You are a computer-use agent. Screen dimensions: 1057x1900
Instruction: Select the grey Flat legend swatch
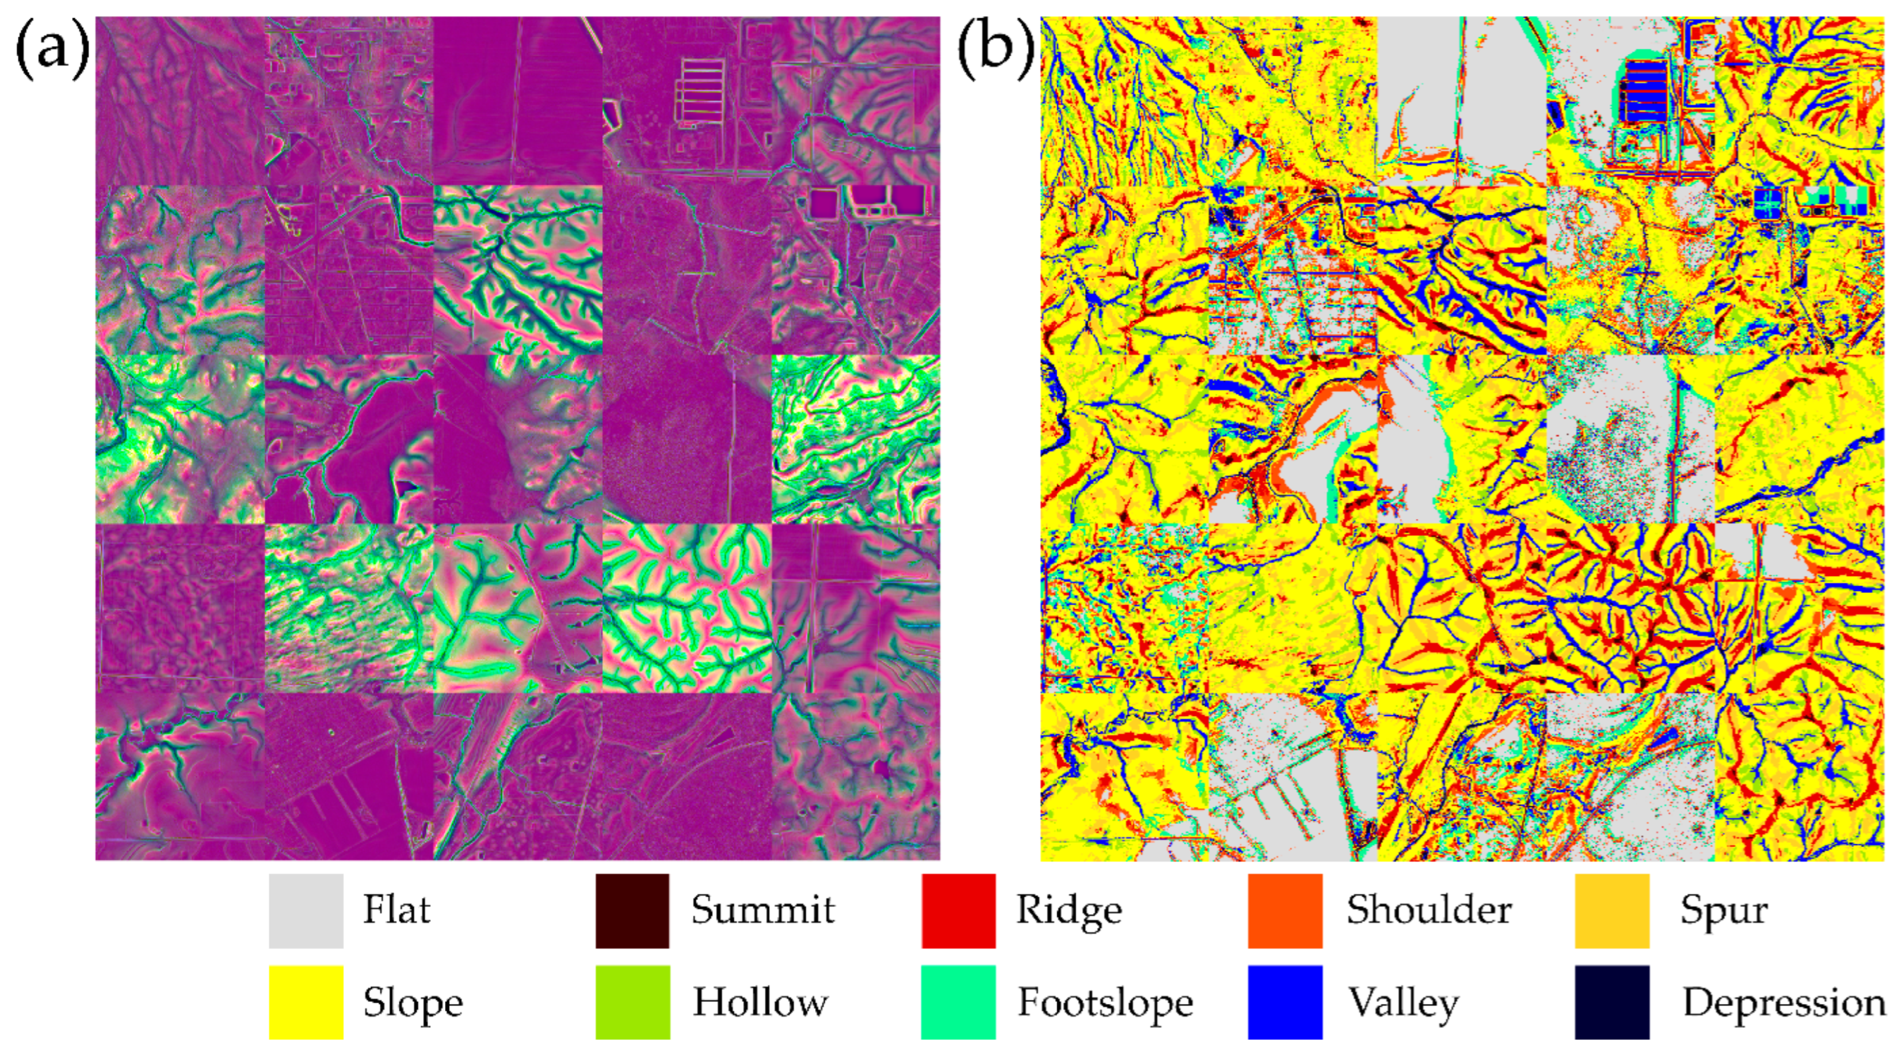306,911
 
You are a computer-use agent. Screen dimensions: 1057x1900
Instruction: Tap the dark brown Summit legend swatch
632,911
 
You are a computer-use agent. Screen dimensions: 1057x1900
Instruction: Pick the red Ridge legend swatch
958,911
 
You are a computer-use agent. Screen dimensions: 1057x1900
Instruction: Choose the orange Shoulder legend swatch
1284,911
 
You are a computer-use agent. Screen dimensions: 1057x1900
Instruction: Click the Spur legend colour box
1612,911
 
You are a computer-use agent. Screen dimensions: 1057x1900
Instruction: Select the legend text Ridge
1068,911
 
